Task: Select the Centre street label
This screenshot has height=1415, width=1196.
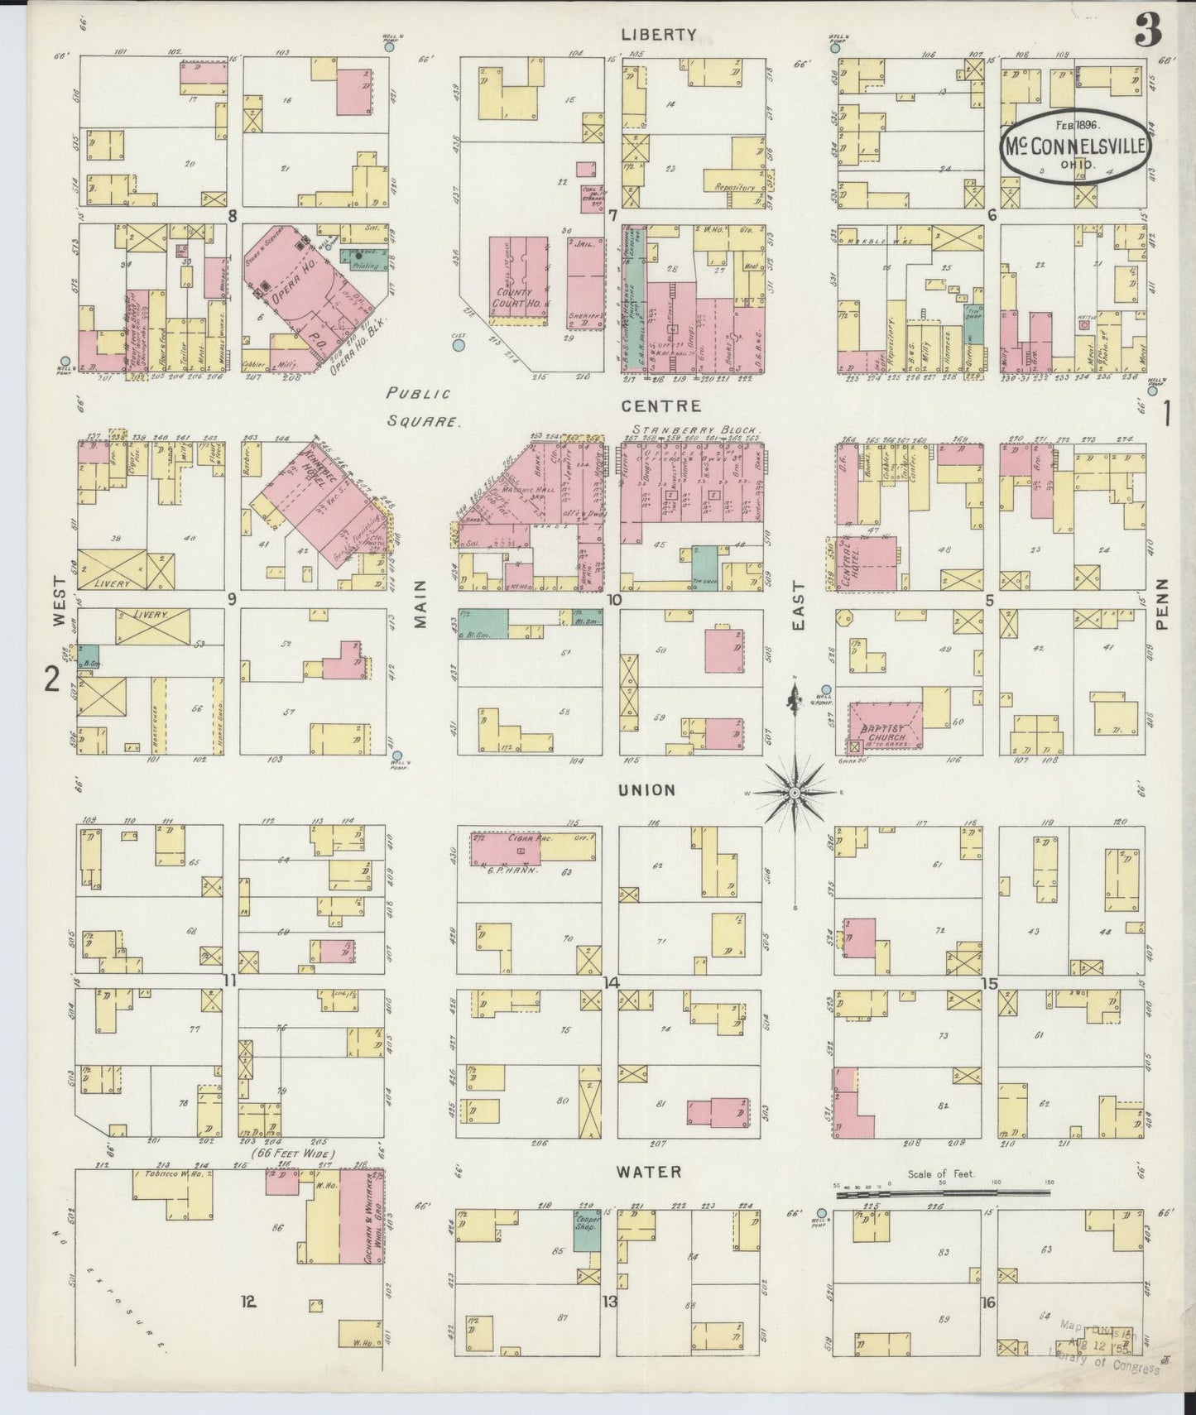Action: (662, 406)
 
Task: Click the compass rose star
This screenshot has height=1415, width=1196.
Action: (793, 792)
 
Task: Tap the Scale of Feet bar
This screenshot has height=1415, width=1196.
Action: (944, 1194)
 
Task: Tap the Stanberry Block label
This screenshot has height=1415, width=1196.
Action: (696, 430)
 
